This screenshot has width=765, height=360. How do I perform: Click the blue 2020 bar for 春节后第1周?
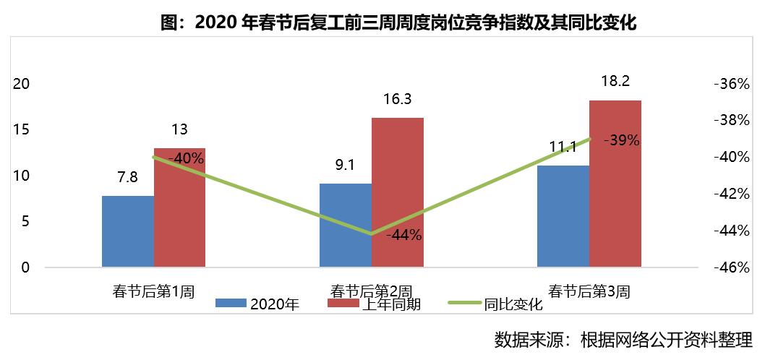click(128, 231)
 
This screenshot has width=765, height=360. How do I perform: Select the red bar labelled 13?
click(179, 210)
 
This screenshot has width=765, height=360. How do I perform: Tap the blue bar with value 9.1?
click(345, 226)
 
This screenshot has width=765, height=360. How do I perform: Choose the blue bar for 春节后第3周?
click(563, 217)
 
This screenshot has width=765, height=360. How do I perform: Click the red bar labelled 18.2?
click(615, 184)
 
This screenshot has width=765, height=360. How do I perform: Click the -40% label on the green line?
click(186, 158)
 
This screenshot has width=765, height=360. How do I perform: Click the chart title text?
click(397, 24)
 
